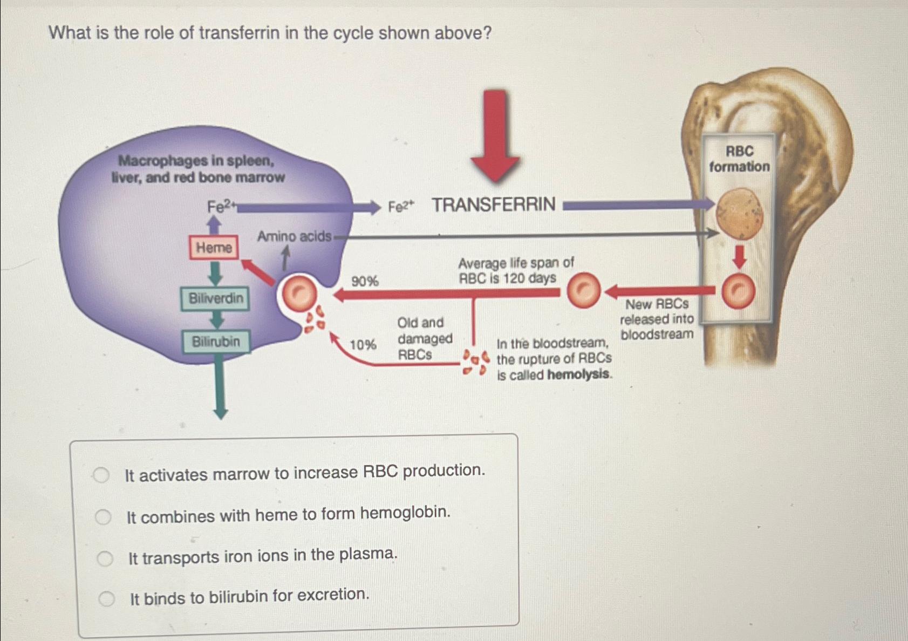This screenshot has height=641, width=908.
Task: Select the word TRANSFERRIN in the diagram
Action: pyautogui.click(x=493, y=205)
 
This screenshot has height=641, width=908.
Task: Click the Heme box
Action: pyautogui.click(x=214, y=248)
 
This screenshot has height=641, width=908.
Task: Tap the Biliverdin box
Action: pyautogui.click(x=215, y=298)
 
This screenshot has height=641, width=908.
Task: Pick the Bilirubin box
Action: pyautogui.click(x=216, y=342)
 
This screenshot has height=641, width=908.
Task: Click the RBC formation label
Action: pyautogui.click(x=739, y=159)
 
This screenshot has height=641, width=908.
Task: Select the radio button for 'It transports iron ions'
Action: pyautogui.click(x=105, y=558)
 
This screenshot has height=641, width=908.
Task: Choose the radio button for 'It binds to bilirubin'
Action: pyautogui.click(x=106, y=598)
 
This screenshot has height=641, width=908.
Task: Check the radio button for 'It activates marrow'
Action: pyautogui.click(x=101, y=475)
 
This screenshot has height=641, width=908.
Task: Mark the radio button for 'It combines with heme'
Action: pyautogui.click(x=103, y=517)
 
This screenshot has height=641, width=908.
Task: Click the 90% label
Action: pyautogui.click(x=365, y=281)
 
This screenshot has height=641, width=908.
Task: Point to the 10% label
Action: pyautogui.click(x=363, y=345)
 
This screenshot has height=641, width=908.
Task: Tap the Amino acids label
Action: pyautogui.click(x=293, y=236)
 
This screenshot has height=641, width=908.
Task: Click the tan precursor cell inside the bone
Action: pyautogui.click(x=739, y=214)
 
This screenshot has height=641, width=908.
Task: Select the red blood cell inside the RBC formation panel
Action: pyautogui.click(x=738, y=291)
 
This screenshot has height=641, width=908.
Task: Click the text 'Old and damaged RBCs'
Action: pyautogui.click(x=424, y=339)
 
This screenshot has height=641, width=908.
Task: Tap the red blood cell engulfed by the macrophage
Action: pyautogui.click(x=298, y=294)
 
